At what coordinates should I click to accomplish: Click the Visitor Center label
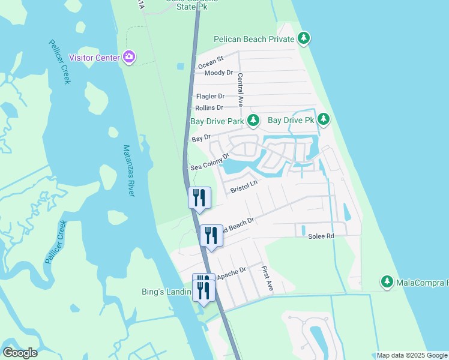pos(94,58)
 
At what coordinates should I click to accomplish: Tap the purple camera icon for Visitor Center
pos(128,58)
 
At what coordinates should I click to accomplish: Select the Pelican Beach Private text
pos(255,40)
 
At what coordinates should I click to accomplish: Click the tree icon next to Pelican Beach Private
pos(304,39)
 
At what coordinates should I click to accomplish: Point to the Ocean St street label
pos(211,61)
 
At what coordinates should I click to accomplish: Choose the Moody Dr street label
pos(218,73)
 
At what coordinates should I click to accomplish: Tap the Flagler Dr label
pos(210,96)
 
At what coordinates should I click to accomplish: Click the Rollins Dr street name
pos(209,107)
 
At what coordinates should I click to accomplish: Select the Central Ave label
pos(240,89)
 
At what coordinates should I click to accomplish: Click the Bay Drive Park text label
pos(217,121)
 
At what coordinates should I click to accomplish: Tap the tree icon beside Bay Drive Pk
pos(324,119)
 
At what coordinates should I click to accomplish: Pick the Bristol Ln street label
pos(244,187)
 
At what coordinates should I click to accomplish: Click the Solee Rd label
pos(321,236)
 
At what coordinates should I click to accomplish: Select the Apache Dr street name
pos(231,273)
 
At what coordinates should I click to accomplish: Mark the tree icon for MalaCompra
pos(387,281)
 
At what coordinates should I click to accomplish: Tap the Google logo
pos(20,353)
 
